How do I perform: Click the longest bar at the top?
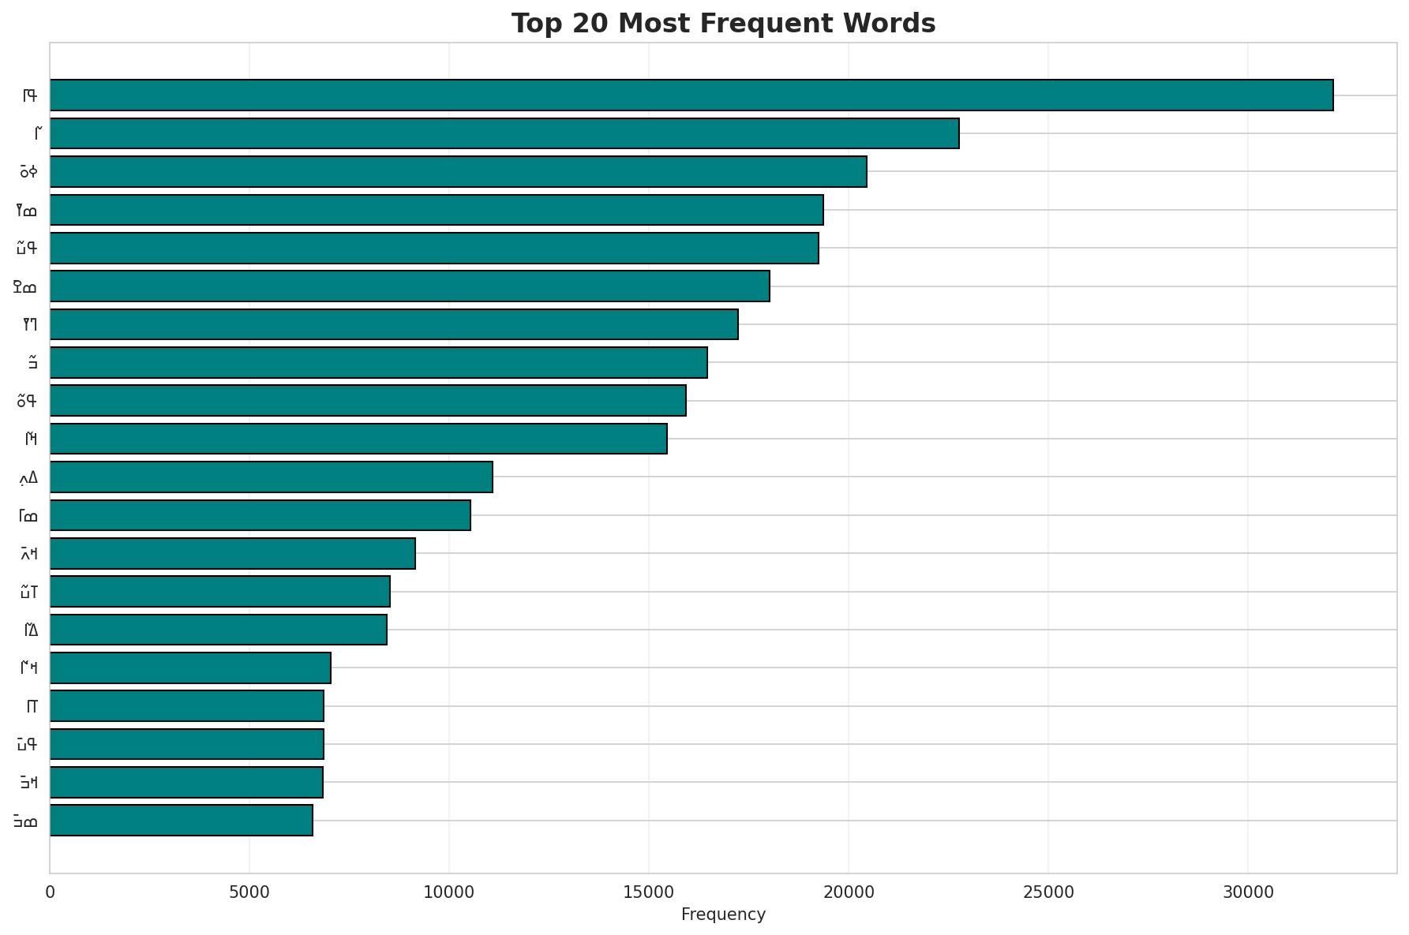pos(691,95)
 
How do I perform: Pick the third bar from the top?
pos(458,171)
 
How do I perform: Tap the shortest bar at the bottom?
pos(182,820)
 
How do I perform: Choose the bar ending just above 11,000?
pos(271,477)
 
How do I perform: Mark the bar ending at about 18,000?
pos(409,286)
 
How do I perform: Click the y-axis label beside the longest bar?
pos(30,95)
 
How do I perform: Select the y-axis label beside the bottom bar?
pos(25,821)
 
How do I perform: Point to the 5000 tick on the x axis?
pos(249,892)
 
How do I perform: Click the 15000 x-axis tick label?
pos(648,892)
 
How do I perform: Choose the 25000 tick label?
pos(1047,892)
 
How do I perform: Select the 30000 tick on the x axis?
pos(1247,892)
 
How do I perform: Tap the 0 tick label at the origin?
pos(50,892)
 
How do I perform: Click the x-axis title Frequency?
pos(723,914)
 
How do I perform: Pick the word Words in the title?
pos(892,24)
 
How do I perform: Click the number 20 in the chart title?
pos(580,24)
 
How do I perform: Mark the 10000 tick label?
pos(448,892)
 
